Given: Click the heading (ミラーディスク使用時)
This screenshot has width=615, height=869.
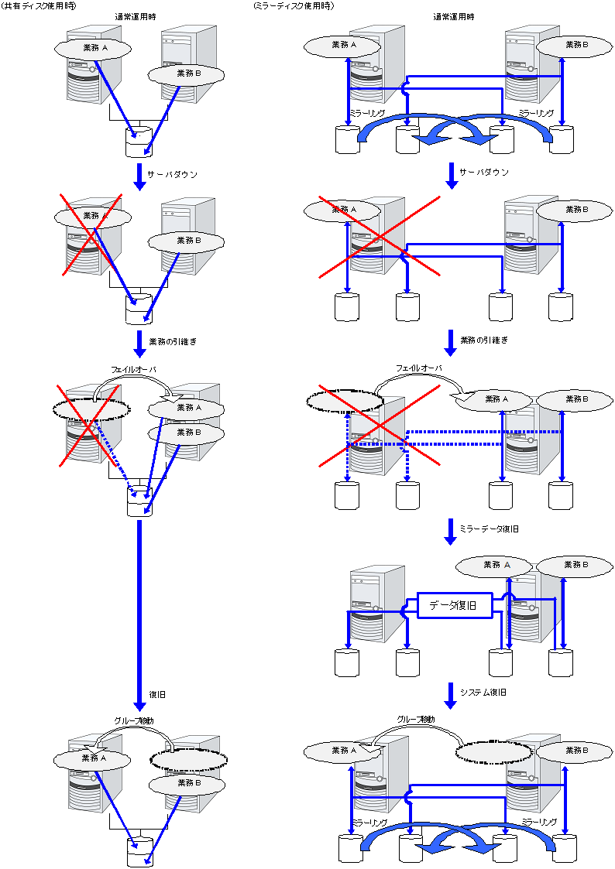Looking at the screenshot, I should pos(294,6).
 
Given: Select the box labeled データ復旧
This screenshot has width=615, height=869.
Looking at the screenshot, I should pos(455,605).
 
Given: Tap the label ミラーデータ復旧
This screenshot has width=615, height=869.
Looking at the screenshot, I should pos(489,529).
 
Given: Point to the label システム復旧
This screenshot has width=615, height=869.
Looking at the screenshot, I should pos(483,692).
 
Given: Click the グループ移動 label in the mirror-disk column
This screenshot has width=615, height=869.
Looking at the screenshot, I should pos(416,720).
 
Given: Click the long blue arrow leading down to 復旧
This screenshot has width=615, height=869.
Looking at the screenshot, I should pos(139,611).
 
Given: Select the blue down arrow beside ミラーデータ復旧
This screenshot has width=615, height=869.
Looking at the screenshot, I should pos(450,531).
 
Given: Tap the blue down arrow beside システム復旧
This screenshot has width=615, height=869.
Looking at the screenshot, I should pos(450,693).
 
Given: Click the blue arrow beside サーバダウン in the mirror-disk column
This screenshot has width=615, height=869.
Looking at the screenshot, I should pos(450,175).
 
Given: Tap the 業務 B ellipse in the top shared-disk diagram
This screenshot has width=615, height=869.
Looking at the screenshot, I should pos(186,74).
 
